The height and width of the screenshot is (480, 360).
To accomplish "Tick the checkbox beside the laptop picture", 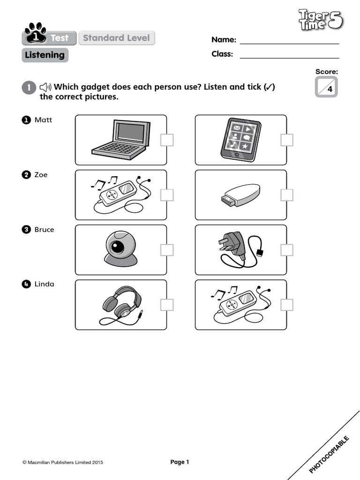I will click(x=167, y=140).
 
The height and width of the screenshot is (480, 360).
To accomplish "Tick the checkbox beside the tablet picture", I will click(x=287, y=140).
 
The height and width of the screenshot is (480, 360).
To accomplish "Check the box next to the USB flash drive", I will click(x=287, y=195).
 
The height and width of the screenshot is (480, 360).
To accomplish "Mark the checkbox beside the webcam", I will click(x=167, y=250).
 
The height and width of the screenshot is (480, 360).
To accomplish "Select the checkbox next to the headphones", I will click(x=167, y=305).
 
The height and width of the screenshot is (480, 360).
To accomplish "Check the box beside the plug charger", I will click(x=287, y=250).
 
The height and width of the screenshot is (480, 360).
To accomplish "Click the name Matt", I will click(x=43, y=120).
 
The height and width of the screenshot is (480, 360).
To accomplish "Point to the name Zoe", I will click(x=41, y=175).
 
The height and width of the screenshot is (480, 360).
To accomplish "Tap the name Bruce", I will click(x=44, y=230).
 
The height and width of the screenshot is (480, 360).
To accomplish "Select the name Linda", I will click(x=44, y=284).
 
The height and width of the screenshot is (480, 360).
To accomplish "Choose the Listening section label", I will click(x=45, y=55).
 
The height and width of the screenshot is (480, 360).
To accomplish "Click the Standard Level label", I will click(x=116, y=38).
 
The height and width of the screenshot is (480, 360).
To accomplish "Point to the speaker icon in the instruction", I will click(x=45, y=87).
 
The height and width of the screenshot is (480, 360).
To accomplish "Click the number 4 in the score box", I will click(x=330, y=90).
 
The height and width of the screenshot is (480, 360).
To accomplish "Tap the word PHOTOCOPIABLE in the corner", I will click(x=330, y=454).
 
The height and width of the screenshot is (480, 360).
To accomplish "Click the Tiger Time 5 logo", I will click(x=321, y=21).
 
